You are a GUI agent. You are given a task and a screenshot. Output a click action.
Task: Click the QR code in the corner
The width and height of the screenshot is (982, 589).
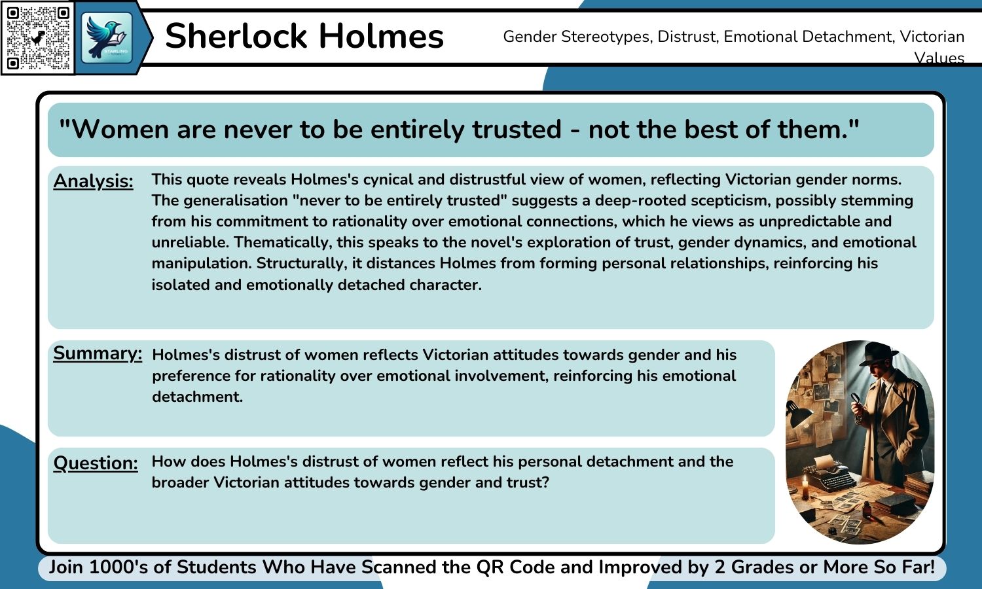38,38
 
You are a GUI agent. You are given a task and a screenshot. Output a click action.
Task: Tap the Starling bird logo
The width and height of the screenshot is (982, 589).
107,37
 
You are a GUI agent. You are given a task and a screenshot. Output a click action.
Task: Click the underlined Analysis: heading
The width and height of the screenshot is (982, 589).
93,181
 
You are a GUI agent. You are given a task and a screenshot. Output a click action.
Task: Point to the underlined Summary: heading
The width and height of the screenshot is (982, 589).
97,353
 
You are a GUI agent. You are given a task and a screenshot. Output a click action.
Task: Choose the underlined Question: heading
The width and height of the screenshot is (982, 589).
96,463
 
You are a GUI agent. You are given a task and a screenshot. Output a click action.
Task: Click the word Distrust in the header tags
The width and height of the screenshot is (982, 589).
687,37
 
